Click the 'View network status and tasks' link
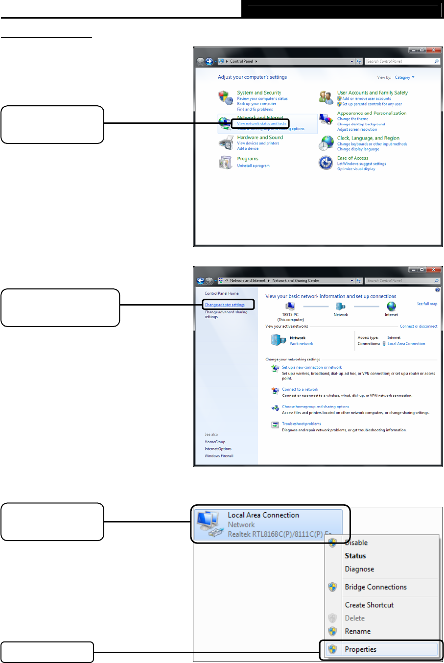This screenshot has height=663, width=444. point(261,124)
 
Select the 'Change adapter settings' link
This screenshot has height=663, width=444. point(225,305)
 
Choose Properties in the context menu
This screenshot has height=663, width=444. point(360,649)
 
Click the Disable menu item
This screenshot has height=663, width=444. point(356,543)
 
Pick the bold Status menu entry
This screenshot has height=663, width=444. point(355,556)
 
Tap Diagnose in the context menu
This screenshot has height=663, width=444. point(359,569)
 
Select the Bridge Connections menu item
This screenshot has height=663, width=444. point(375,587)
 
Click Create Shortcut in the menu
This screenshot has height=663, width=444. point(369,605)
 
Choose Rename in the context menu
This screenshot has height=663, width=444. point(357,632)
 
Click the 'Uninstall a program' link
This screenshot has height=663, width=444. point(253,166)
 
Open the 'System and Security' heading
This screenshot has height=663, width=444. point(259,93)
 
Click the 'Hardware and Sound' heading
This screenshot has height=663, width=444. point(260,138)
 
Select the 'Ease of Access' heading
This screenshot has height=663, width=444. point(352,158)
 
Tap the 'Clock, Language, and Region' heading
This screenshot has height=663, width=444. point(368,138)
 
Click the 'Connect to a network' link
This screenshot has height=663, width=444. point(300,390)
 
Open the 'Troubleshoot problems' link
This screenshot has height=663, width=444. point(301,424)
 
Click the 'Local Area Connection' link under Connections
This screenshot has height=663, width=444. point(406,344)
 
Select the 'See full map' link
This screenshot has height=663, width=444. point(427,304)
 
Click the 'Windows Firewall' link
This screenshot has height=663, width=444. point(219,456)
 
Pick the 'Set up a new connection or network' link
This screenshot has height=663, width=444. point(312,367)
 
